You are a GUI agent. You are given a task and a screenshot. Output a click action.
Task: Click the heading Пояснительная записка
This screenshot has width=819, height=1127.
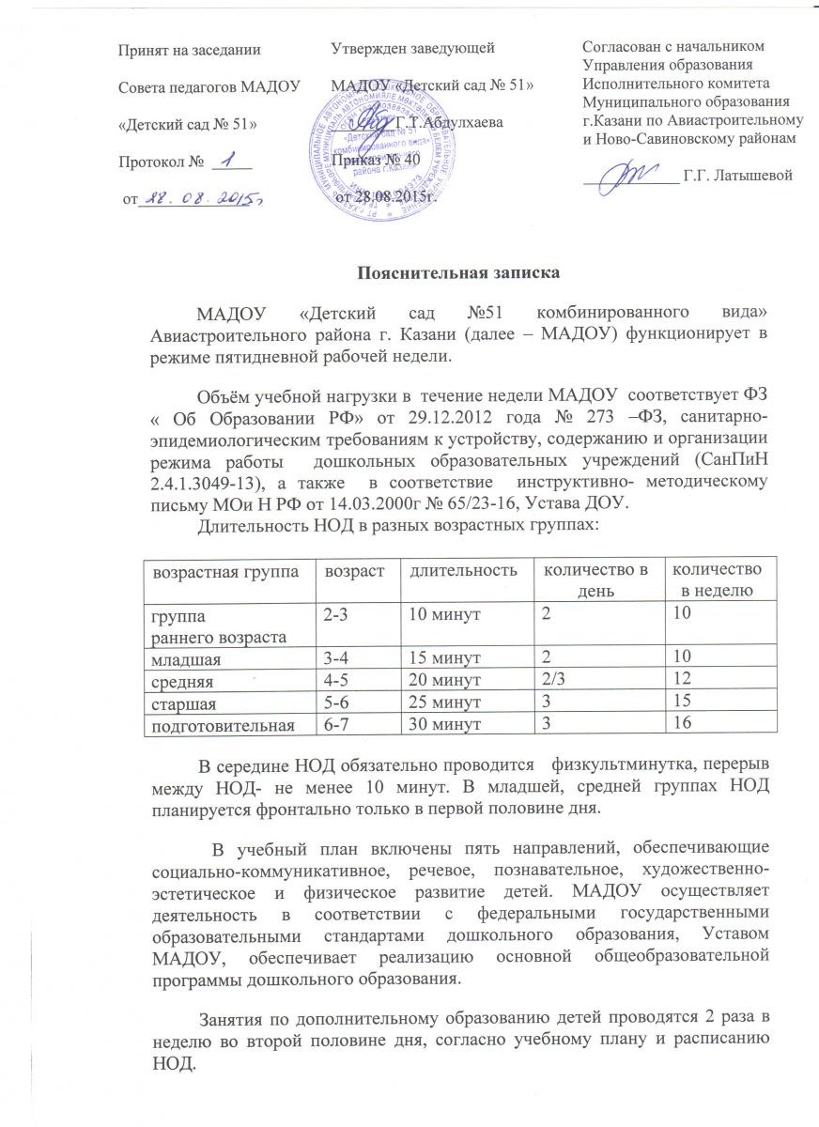point(460,274)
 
